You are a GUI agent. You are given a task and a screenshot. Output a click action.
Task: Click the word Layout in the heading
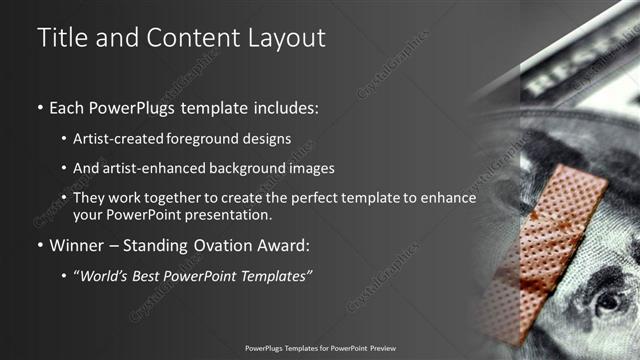[x=283, y=38]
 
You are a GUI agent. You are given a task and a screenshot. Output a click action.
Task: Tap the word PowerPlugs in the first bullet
[x=122, y=106]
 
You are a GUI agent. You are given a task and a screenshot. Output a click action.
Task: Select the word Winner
[x=72, y=245]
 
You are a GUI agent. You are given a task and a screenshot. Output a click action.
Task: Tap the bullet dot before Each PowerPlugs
[x=39, y=107]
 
